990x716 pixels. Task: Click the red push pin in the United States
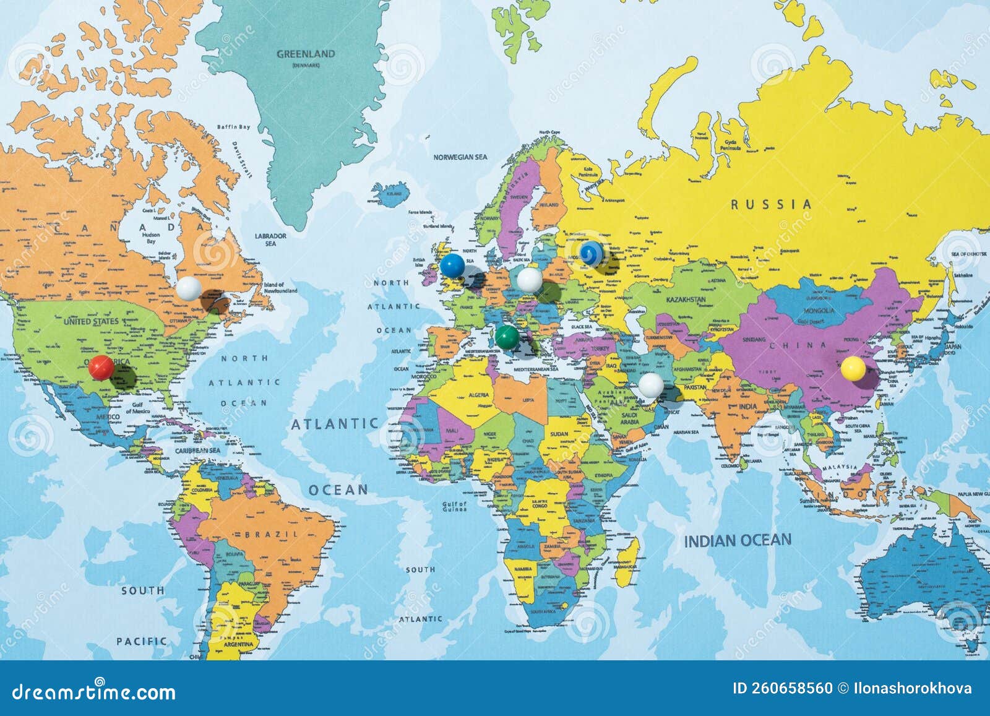tap(101, 367)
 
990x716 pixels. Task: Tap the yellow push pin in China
tap(853, 368)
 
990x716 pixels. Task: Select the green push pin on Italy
tap(507, 337)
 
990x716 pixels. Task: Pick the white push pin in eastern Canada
tap(189, 288)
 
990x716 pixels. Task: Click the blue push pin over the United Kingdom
tap(452, 265)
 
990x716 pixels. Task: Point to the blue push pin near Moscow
tap(591, 253)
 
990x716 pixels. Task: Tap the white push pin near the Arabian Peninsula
tap(651, 385)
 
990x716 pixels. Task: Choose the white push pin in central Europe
tap(530, 280)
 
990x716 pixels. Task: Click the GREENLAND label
tap(306, 54)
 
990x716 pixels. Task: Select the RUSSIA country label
tap(771, 204)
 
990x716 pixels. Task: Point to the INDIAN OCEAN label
tap(738, 540)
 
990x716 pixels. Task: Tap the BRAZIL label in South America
tap(272, 533)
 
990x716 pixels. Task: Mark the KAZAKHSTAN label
tap(686, 300)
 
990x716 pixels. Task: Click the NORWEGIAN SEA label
tap(460, 157)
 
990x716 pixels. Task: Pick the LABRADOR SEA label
tap(271, 239)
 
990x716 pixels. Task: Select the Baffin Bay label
tap(234, 127)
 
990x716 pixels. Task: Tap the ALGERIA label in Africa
tap(478, 394)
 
